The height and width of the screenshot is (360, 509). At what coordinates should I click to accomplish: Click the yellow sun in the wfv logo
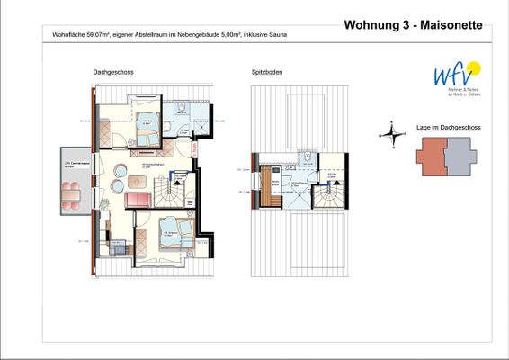[x=474, y=67]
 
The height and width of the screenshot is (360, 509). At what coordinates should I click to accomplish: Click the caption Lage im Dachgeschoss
[x=448, y=128]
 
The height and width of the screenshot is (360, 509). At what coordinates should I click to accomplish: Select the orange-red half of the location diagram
[x=432, y=158]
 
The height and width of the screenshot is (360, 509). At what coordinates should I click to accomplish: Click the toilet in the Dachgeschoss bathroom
[x=180, y=106]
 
